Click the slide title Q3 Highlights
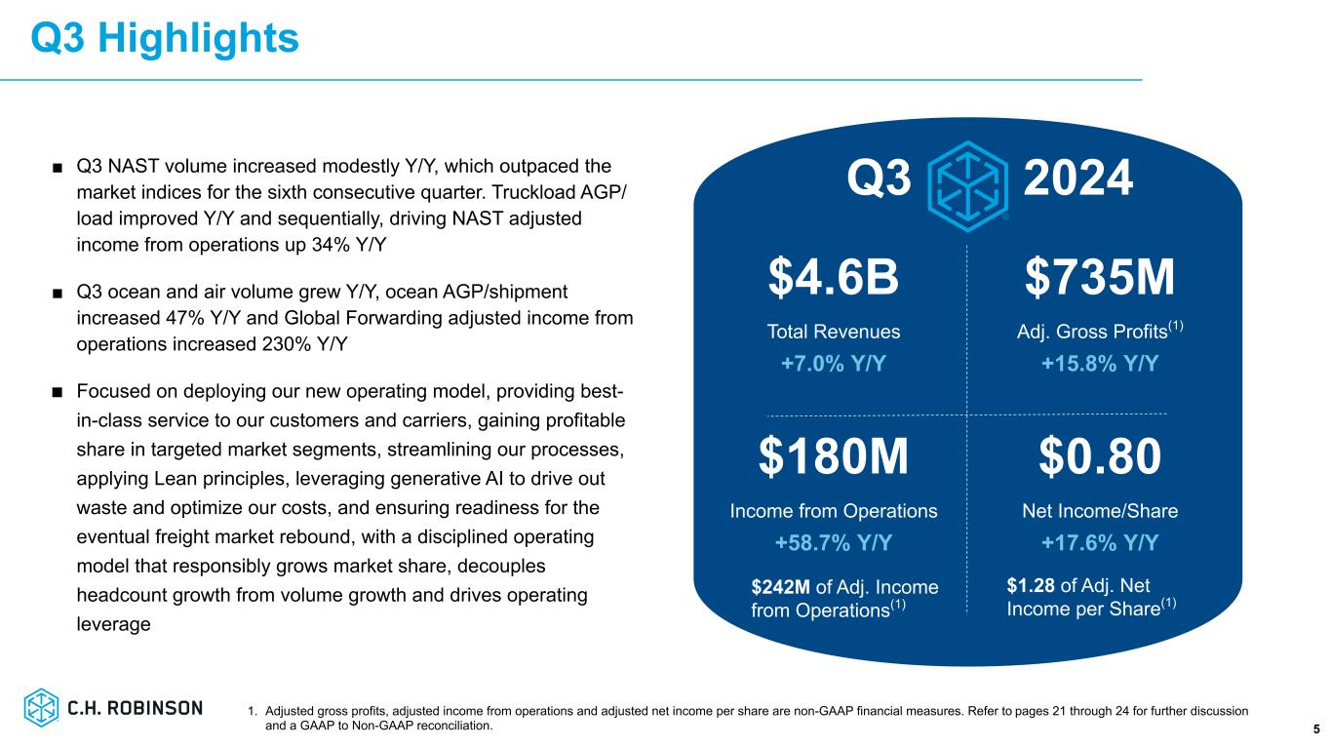(164, 38)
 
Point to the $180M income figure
(834, 457)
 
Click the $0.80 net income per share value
(1099, 457)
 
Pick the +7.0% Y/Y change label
(834, 364)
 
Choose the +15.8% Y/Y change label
(1099, 364)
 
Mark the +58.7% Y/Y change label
(834, 542)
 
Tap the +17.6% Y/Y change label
(1099, 542)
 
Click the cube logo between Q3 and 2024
(967, 181)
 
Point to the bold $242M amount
(782, 587)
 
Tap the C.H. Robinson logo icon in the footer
(42, 707)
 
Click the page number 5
(1316, 729)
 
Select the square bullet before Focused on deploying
(58, 392)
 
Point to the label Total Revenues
(834, 332)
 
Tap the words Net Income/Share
(1099, 510)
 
